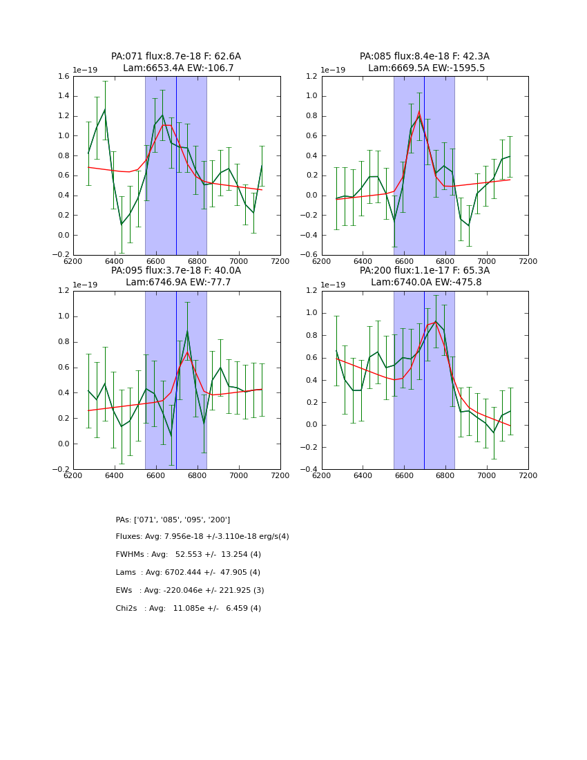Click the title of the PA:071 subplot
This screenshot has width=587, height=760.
coord(176,57)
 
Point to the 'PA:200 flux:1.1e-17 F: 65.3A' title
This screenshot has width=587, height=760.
coord(425,271)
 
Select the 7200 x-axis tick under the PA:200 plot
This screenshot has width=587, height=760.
coord(528,475)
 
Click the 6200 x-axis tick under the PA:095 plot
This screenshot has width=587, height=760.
coord(73,475)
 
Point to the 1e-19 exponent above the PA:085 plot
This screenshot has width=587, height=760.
coord(334,70)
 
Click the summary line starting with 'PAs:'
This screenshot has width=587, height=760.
coord(173,520)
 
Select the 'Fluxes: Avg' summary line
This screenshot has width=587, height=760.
coord(202,537)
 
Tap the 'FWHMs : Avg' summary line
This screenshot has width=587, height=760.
coord(189,555)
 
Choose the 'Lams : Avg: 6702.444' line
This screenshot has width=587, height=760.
coord(188,573)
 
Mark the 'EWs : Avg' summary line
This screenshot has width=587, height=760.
coord(190,591)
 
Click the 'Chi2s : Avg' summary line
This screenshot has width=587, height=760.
coord(189,609)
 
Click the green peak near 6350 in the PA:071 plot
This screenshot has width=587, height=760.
coord(104,109)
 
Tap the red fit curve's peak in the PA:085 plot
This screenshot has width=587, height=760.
coord(418,112)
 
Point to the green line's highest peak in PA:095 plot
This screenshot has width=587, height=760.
coord(187,332)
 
